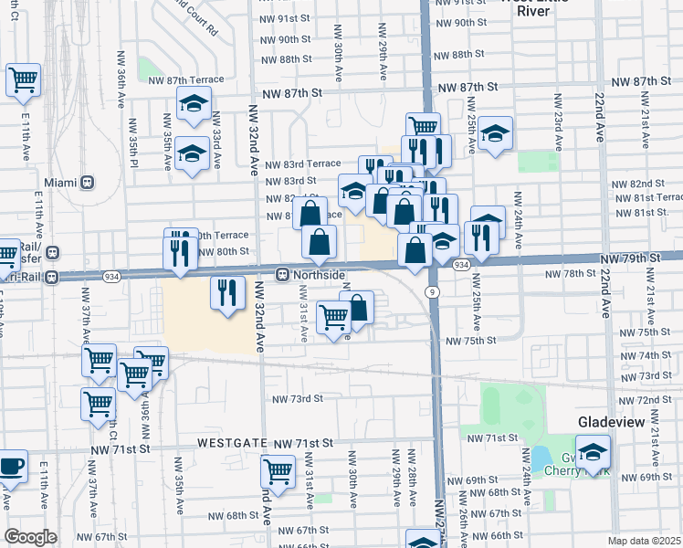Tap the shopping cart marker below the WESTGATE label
tap(278, 473)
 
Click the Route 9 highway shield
tap(429, 291)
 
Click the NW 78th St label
tap(570, 274)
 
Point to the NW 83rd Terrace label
tap(302, 163)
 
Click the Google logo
tap(30, 537)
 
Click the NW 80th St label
tap(223, 251)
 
